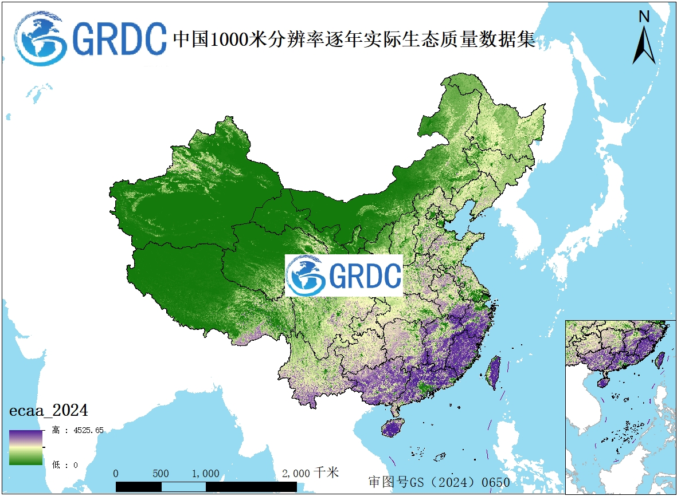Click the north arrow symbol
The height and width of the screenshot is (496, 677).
tap(644, 45)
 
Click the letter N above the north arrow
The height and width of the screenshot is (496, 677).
tap(644, 17)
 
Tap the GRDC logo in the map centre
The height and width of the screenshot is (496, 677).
tap(344, 275)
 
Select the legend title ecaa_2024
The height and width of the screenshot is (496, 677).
tap(48, 411)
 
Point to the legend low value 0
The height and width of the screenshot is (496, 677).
tap(75, 465)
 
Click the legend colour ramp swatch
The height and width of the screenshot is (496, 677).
tap(26, 447)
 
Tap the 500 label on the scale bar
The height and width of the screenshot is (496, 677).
tap(161, 474)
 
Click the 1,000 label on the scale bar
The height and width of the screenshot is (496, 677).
tap(205, 474)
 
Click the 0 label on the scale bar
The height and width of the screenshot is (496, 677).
tap(116, 474)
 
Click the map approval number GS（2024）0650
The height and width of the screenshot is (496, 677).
tap(439, 482)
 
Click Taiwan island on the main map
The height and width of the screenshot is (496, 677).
tap(493, 372)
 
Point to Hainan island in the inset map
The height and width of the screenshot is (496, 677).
tap(602, 380)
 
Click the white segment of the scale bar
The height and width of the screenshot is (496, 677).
tap(183, 487)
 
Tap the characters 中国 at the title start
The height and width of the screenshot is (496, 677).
tap(190, 40)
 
